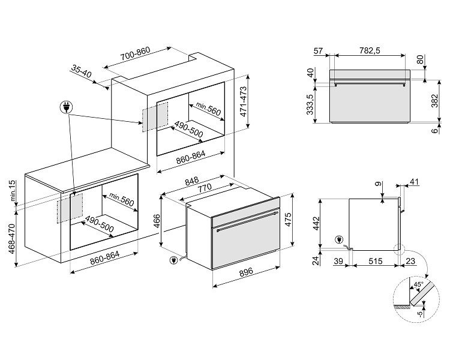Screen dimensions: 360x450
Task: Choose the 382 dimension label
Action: (436, 103)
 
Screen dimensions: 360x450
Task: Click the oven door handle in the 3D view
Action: (248, 220)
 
